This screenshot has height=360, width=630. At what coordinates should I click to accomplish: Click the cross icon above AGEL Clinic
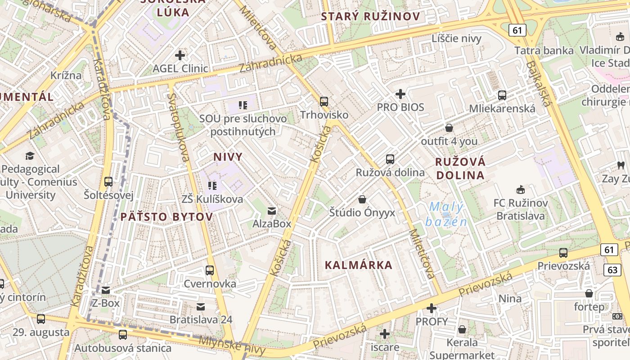point(180,55)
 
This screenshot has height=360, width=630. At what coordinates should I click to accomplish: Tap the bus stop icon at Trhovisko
point(324,102)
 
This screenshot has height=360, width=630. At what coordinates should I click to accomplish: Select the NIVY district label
point(228,157)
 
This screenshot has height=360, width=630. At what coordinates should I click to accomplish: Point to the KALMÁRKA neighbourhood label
point(359,265)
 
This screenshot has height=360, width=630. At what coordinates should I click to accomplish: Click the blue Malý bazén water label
point(446,214)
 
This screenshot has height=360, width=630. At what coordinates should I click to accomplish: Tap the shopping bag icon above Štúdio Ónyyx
point(362,199)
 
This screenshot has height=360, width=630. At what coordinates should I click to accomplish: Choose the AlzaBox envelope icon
point(272,211)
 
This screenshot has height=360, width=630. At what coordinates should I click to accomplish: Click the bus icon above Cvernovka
point(210,270)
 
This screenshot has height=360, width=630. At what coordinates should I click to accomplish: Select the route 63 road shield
point(612,270)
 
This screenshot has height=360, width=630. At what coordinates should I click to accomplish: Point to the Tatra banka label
point(544,50)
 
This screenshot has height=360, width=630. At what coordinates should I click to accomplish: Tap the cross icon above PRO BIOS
point(400,94)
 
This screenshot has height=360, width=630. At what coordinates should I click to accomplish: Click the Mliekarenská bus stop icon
point(502,95)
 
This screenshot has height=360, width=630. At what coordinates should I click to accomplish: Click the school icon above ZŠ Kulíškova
point(212,185)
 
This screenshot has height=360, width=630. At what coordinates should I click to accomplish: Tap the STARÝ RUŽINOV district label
point(370,17)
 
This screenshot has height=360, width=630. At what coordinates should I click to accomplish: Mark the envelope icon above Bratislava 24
point(201,307)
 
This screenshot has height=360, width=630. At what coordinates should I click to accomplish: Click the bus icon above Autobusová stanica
point(123,335)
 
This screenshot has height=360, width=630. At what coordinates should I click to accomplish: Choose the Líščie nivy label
point(456,38)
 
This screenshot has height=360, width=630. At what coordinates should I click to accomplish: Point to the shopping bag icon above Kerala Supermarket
point(462,329)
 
